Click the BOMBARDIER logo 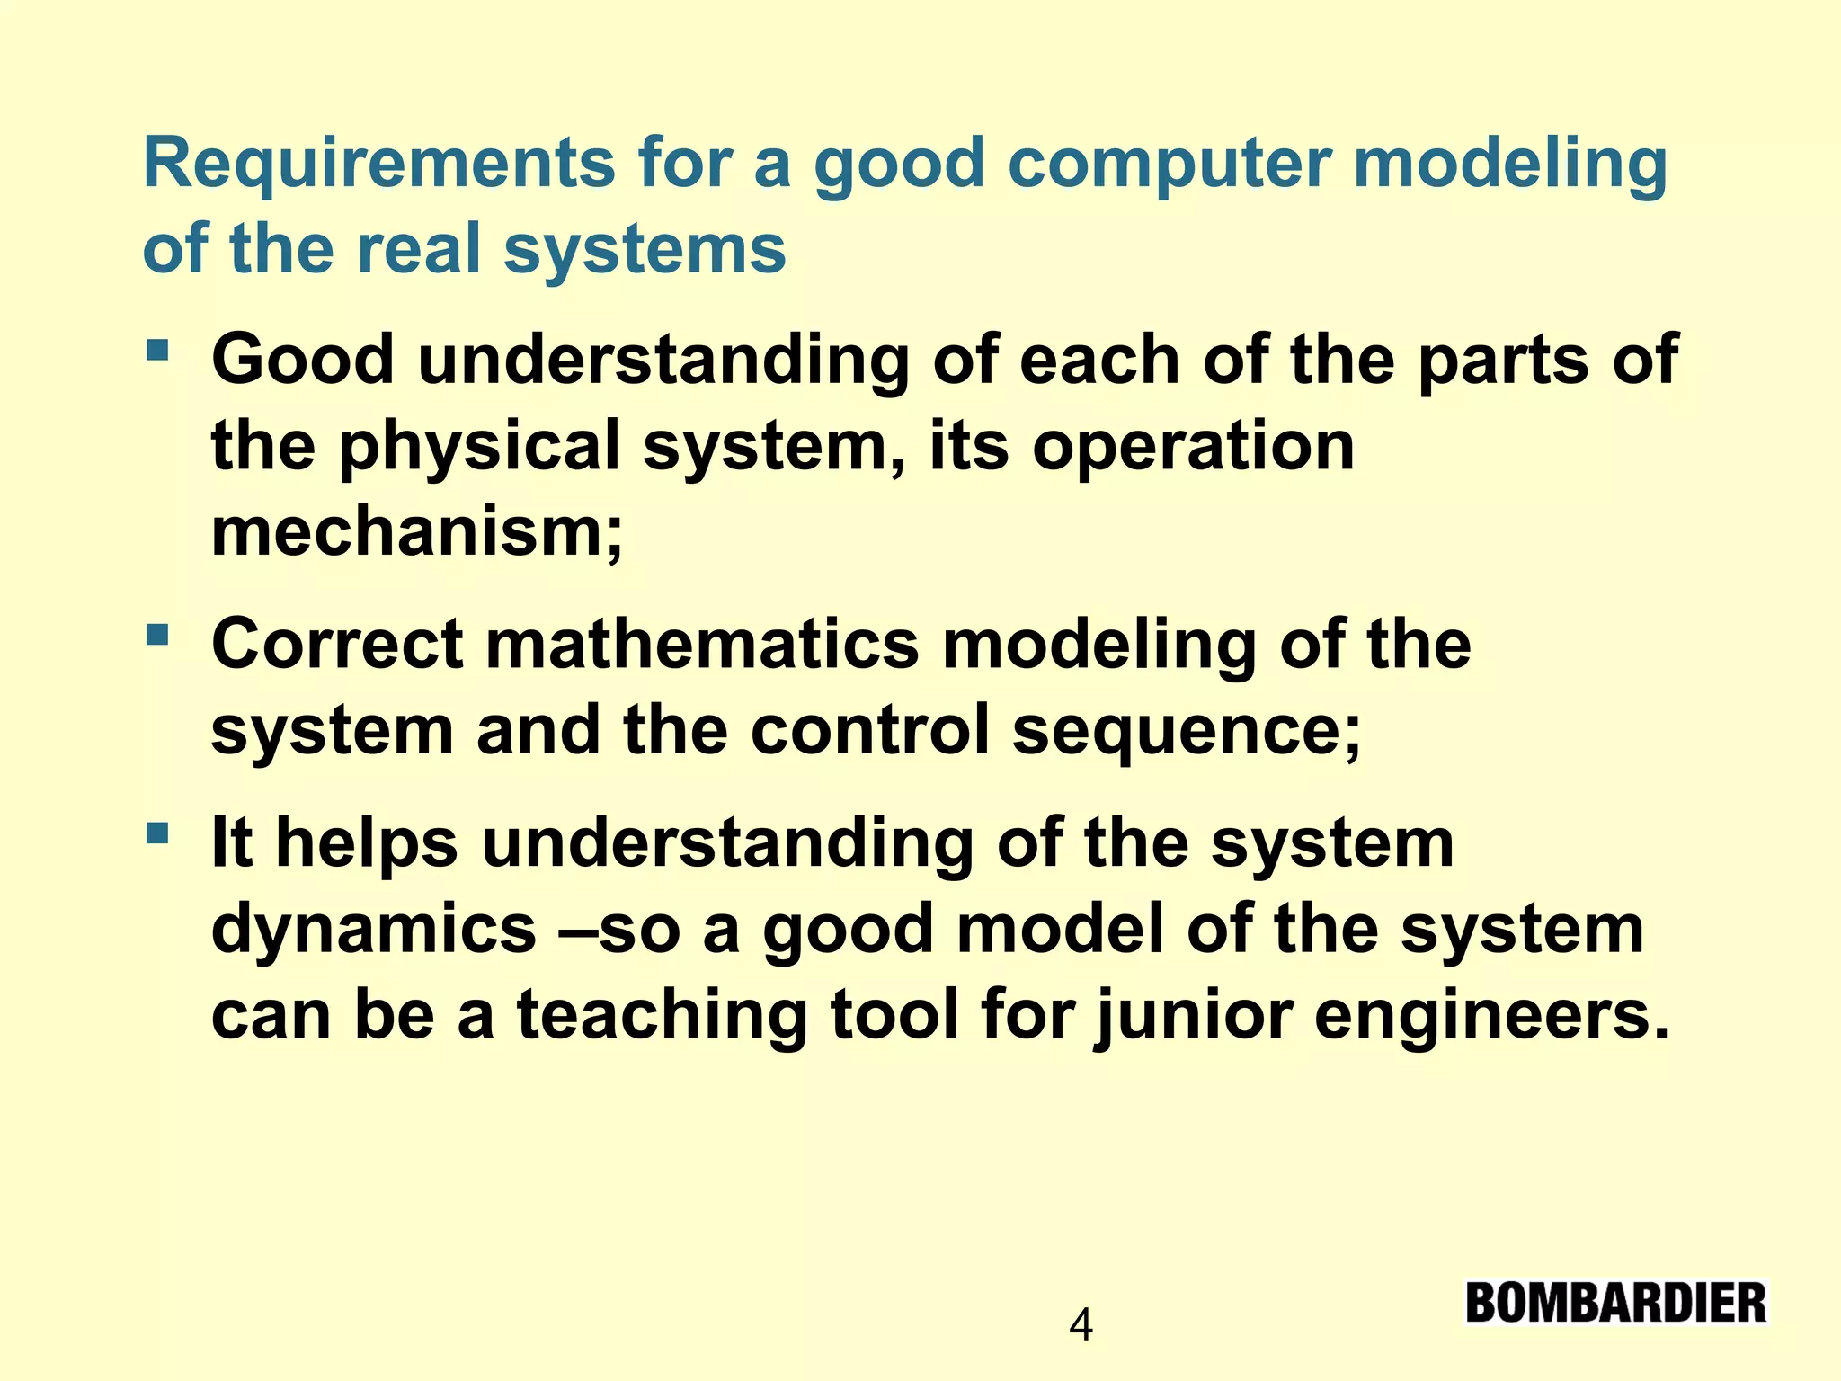[1615, 1303]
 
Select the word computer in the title [1168, 164]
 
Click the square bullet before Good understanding [157, 349]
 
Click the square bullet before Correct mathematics [157, 635]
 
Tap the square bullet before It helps [157, 833]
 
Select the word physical [478, 447]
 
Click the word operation [1193, 447]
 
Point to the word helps [366, 843]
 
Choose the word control [870, 730]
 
